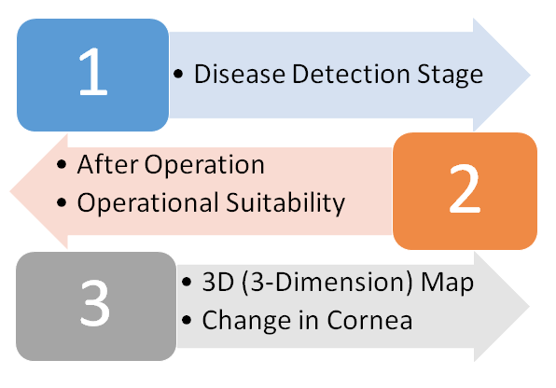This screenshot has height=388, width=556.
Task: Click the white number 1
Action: pos(93,71)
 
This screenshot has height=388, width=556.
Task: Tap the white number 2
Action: pos(465,188)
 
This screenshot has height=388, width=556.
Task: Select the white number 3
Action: pos(94,303)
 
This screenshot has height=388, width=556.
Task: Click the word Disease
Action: pos(240,74)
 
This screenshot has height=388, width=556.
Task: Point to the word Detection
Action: pos(351,74)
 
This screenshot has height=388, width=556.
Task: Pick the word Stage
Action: pos(450,76)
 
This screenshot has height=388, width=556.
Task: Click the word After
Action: pos(107,164)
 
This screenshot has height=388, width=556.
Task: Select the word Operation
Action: pos(204,165)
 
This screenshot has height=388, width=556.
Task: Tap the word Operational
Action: pos(148,203)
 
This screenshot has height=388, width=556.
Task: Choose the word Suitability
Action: pos(285,203)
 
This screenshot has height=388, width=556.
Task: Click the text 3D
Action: pos(218,282)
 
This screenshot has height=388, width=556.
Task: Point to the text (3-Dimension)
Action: pos(327,283)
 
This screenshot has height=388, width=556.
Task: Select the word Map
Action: pos(447,284)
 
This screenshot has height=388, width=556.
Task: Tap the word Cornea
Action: pos(369,320)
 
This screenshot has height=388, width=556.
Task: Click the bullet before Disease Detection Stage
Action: pos(178,74)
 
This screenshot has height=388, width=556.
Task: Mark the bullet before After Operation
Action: pos(62,164)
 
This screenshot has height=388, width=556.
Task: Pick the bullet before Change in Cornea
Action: pos(187,320)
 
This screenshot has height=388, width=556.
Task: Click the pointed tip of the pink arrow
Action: pos(10,191)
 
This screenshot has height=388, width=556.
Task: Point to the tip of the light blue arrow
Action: pos(530,75)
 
